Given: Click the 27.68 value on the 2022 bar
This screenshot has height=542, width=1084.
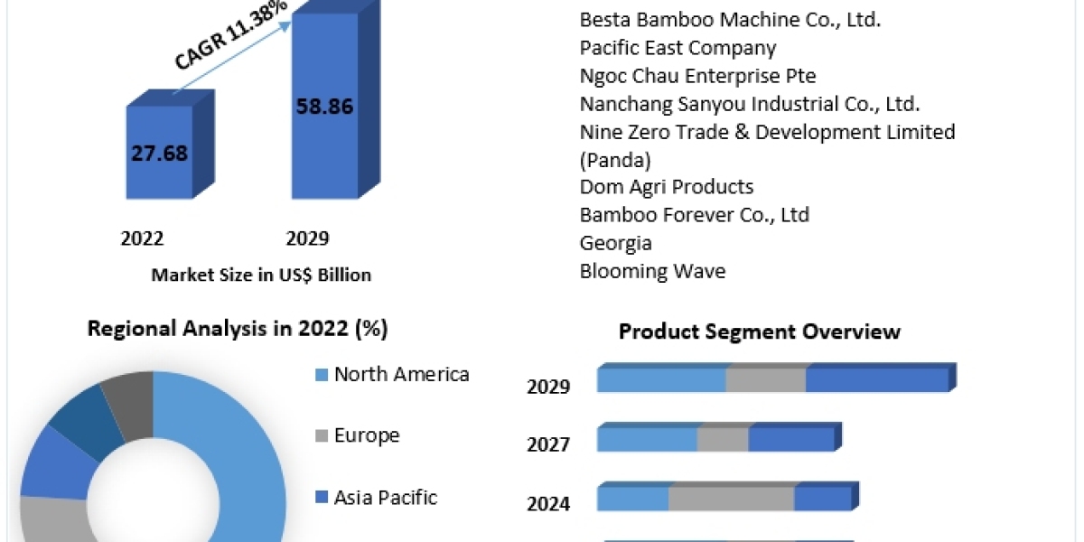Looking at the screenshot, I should coord(159,153).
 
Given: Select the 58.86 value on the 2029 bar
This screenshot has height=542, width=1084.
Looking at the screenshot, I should coord(325,106).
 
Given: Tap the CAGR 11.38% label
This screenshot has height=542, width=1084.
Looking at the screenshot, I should coord(229,37).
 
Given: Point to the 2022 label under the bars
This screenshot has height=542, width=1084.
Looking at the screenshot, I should coord(142,238).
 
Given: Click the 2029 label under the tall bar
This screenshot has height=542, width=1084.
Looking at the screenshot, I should coord(307,238).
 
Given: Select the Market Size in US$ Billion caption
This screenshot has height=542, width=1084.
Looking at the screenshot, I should coord(261,275).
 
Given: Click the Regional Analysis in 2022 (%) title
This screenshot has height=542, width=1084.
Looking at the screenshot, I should coord(238,329).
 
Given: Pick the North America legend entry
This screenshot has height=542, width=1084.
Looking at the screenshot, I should coord(401,374).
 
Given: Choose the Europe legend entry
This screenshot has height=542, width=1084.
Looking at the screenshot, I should coord(366,435).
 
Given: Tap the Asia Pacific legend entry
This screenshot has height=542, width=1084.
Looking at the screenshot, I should coord(385,497).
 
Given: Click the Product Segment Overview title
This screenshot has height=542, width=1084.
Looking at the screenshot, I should coord(759,332).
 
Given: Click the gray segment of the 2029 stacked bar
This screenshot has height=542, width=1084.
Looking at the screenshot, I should coord(766,379).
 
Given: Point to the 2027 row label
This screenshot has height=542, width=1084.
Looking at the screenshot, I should coord(548,444).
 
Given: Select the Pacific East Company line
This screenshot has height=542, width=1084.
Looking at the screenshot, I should coord(677,47).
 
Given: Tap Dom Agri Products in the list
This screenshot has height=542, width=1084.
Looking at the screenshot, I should coord(667,187).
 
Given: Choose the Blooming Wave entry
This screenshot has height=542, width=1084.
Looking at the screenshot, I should coord(652,271).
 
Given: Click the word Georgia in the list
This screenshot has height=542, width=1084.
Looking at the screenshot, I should coord(615,243).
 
